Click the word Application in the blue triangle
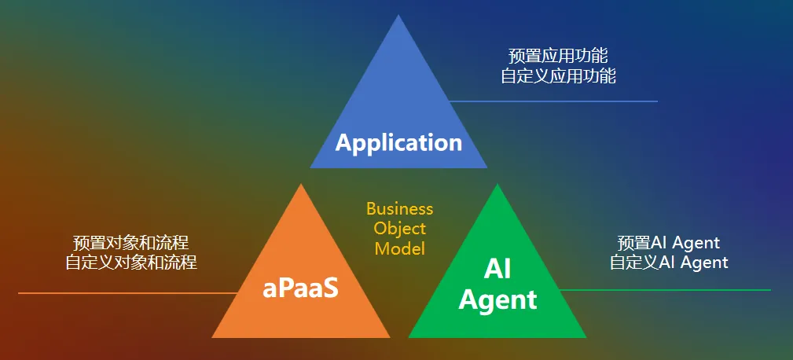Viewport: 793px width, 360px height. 398,142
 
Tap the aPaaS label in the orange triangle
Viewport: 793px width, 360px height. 300,288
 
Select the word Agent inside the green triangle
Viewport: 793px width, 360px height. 497,299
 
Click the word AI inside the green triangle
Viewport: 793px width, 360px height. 497,269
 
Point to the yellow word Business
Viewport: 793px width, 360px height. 399,209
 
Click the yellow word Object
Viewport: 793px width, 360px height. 399,229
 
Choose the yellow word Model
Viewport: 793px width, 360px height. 399,248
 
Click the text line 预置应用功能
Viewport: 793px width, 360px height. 558,56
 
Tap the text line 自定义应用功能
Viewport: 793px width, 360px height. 558,76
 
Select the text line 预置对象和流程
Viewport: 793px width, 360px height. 130,242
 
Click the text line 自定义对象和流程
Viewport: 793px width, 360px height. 130,263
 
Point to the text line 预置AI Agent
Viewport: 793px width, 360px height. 669,242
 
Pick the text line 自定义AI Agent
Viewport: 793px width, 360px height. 669,263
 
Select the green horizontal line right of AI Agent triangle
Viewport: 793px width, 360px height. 668,290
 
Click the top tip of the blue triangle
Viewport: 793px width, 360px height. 398,17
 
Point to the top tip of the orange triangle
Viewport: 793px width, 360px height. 301,186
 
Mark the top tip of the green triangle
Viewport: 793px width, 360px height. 497,186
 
